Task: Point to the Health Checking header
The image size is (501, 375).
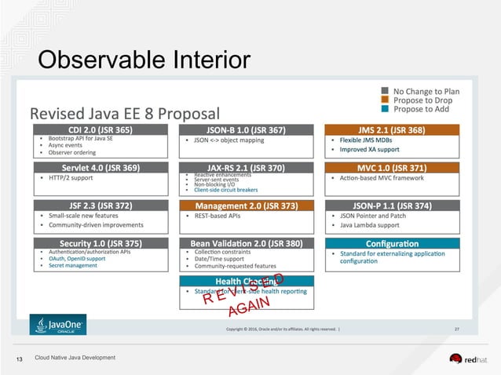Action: click(x=239, y=281)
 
